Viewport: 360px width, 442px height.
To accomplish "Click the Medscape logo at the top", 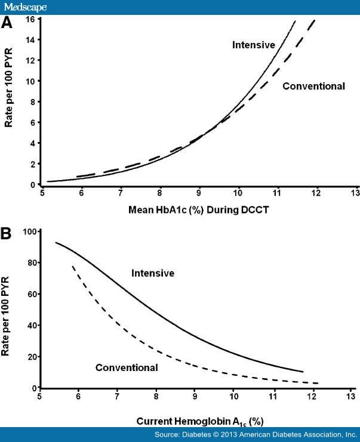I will point(24,7).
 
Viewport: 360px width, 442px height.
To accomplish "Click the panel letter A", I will point(7,23).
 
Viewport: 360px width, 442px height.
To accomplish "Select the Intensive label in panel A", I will point(253,45).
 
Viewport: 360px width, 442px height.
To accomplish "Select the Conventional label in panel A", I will point(313,86).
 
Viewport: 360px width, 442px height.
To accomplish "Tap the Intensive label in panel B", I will point(153,273).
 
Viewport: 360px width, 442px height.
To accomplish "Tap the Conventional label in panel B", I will point(127,367).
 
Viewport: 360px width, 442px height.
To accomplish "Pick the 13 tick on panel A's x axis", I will point(355,193).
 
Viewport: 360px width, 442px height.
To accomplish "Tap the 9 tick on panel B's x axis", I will point(195,396).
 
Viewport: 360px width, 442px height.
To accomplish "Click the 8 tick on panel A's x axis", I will point(159,193).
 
